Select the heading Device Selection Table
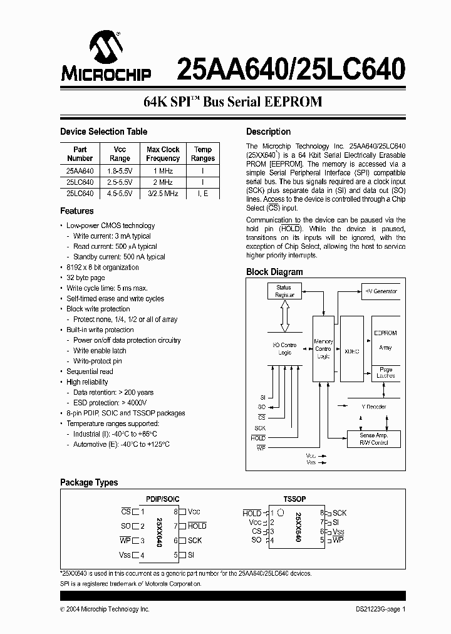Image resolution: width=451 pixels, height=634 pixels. coord(103,132)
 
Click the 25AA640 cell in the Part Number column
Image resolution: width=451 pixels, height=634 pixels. coord(80,170)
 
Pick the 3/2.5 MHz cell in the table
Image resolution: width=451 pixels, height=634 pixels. coord(162,194)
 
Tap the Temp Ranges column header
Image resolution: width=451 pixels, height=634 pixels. coord(203,154)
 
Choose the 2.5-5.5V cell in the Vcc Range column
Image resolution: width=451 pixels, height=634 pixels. coord(120,182)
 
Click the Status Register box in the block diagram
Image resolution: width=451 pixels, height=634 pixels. coord(284,292)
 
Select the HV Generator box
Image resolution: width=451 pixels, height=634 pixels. coord(381,292)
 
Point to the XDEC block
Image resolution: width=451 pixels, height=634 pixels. coord(351,352)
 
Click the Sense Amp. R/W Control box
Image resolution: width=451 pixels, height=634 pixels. coord(374,439)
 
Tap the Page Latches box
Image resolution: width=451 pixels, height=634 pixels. coord(386,373)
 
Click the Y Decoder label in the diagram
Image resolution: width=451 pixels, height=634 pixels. coord(374,407)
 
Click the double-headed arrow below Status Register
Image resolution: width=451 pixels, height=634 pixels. coord(283,317)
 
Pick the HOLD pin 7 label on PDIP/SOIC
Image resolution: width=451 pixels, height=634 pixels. coord(197,526)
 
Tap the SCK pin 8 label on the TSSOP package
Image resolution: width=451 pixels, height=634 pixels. coord(339,513)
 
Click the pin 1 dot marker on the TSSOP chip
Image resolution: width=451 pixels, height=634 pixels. coord(281,512)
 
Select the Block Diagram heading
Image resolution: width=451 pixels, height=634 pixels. coord(274,273)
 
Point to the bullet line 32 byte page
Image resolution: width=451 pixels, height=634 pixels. coord(86,278)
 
